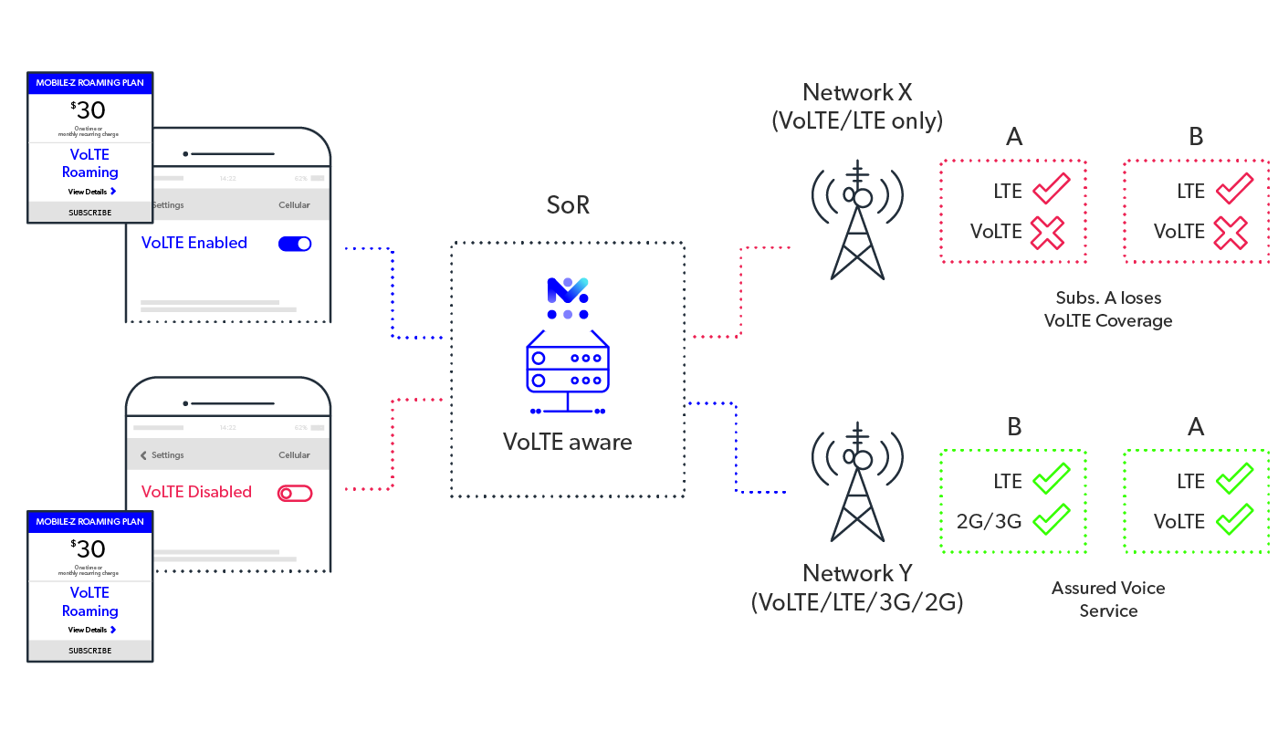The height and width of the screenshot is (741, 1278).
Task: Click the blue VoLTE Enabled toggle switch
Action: [x=294, y=244]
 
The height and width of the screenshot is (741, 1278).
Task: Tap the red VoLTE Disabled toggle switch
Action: [x=294, y=493]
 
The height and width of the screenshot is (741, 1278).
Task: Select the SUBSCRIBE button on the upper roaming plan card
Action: [x=90, y=213]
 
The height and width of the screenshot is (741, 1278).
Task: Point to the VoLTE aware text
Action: [x=567, y=443]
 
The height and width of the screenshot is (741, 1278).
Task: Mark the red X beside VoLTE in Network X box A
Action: [x=1048, y=232]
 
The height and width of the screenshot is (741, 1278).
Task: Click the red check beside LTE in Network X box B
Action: [x=1235, y=191]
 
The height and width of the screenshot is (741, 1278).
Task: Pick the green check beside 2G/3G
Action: [x=1051, y=521]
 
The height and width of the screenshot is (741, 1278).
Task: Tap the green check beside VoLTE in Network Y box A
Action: [x=1234, y=521]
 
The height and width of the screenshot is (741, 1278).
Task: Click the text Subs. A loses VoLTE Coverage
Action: [x=1108, y=309]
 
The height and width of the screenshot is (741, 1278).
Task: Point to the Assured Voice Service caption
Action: [x=1108, y=600]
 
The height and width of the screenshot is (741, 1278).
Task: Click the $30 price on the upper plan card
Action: [x=89, y=110]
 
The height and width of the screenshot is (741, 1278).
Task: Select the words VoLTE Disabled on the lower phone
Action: [x=196, y=492]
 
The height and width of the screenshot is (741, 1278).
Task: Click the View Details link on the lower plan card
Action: [x=90, y=630]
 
